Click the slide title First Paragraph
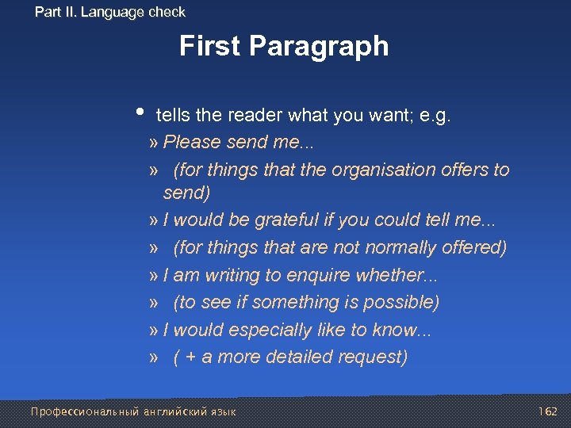(x=284, y=46)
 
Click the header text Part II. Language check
(x=110, y=12)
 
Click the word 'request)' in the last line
(x=374, y=357)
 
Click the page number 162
(x=547, y=411)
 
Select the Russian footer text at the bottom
(x=132, y=411)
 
